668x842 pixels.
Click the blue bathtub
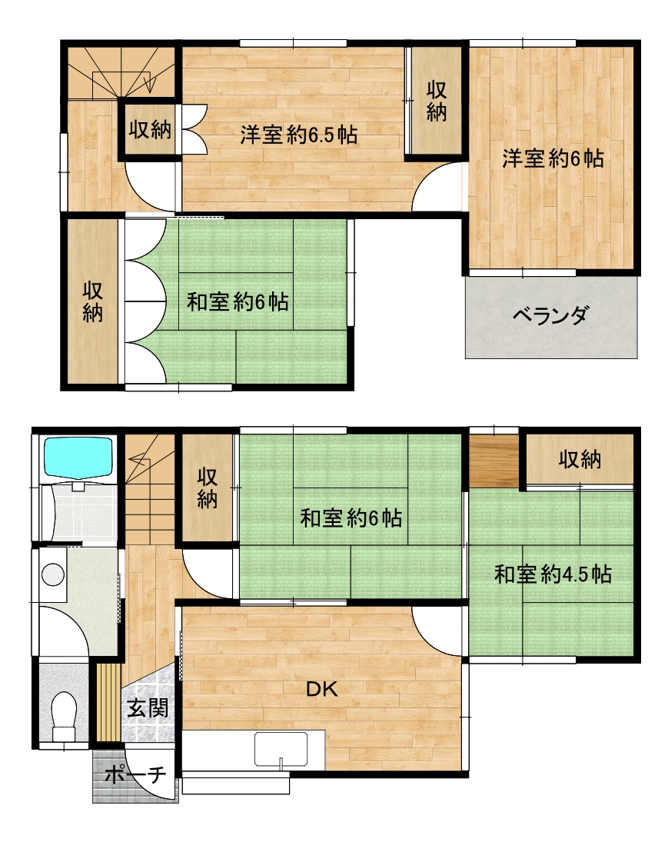coord(78,457)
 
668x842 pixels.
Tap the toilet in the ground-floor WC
coord(65,715)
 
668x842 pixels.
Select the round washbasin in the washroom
coord(53,574)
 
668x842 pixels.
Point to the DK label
coord(321,689)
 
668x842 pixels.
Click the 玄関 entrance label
coord(148,708)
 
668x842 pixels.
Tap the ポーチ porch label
coord(135,775)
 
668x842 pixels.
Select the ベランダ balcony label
coord(550,315)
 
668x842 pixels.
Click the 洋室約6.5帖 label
coord(298,135)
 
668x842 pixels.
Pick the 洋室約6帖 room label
coord(553,158)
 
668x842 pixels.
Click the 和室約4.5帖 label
coord(553,574)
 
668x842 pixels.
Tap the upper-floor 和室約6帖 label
coord(238,301)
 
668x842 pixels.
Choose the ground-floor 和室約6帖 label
coord(351,518)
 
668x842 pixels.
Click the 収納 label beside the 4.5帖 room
coord(580,460)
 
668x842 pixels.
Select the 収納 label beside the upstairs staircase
coord(150,129)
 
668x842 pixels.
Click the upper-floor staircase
coord(121,74)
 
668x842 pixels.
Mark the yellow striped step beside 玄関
coord(108,702)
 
